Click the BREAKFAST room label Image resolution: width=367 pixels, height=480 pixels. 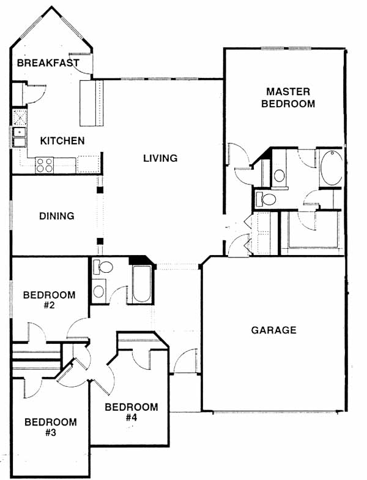(48, 63)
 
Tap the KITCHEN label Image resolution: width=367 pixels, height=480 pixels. (62, 141)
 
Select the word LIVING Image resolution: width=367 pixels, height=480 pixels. (160, 158)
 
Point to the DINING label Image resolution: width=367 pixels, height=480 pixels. (57, 216)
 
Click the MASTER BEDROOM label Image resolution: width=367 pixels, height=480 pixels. (288, 97)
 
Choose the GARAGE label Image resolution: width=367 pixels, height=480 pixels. (273, 330)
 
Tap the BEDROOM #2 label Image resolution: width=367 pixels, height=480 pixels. (49, 300)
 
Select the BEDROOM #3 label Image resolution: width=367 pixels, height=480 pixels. (51, 427)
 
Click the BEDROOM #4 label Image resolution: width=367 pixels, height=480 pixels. (132, 412)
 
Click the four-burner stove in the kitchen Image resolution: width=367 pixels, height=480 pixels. (44, 165)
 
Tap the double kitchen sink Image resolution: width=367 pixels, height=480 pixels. (19, 137)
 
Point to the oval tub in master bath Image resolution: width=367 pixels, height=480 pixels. (332, 168)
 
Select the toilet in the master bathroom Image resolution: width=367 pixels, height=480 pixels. (266, 199)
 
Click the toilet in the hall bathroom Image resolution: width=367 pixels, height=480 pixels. (103, 267)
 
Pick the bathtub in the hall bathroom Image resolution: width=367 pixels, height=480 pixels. (142, 284)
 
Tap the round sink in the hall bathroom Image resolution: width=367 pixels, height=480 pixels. (98, 291)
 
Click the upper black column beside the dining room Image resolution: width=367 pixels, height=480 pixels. (100, 190)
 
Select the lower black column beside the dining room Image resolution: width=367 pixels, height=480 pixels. (100, 241)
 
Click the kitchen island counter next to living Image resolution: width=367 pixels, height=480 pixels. (92, 103)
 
